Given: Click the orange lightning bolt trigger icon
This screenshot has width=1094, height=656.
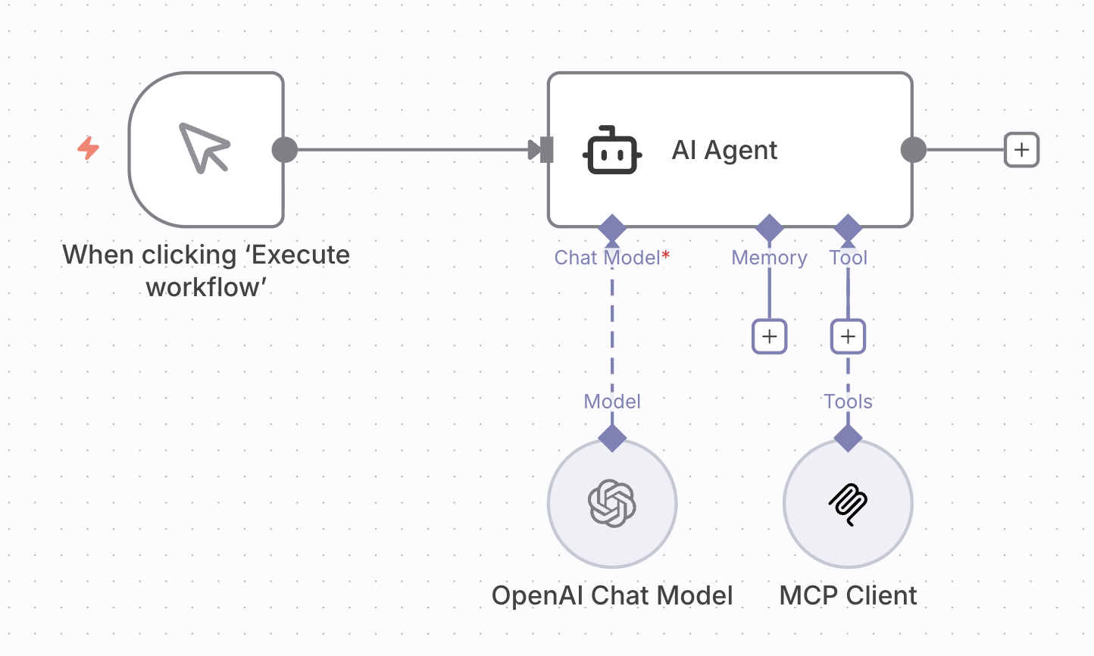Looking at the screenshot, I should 89,148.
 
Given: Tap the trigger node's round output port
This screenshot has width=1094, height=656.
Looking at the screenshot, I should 285,150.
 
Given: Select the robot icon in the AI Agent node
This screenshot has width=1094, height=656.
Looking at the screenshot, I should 612,150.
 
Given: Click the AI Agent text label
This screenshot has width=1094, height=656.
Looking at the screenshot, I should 724,150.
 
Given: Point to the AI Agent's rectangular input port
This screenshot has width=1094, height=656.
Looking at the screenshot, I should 547,150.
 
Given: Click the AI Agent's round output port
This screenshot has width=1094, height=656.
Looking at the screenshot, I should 914,150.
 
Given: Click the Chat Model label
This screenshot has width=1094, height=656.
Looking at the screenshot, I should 608,258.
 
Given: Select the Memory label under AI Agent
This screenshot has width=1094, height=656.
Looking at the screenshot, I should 769,258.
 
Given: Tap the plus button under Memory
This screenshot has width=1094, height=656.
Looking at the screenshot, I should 770,336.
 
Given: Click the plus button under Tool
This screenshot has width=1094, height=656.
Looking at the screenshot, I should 848,336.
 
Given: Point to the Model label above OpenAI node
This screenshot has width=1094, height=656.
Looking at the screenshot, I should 612,401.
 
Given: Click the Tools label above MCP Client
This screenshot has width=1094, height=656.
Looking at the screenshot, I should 848,401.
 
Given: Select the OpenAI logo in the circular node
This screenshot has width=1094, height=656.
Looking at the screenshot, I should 612,503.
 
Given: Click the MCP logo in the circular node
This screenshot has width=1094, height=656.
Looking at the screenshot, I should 848,503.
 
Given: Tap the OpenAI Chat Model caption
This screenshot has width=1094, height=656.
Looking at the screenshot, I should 612,595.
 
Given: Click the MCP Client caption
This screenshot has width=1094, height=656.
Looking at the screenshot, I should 848,595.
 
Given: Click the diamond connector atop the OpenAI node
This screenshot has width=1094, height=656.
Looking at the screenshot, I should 612,438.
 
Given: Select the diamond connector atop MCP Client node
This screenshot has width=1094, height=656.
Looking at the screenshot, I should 848,438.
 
